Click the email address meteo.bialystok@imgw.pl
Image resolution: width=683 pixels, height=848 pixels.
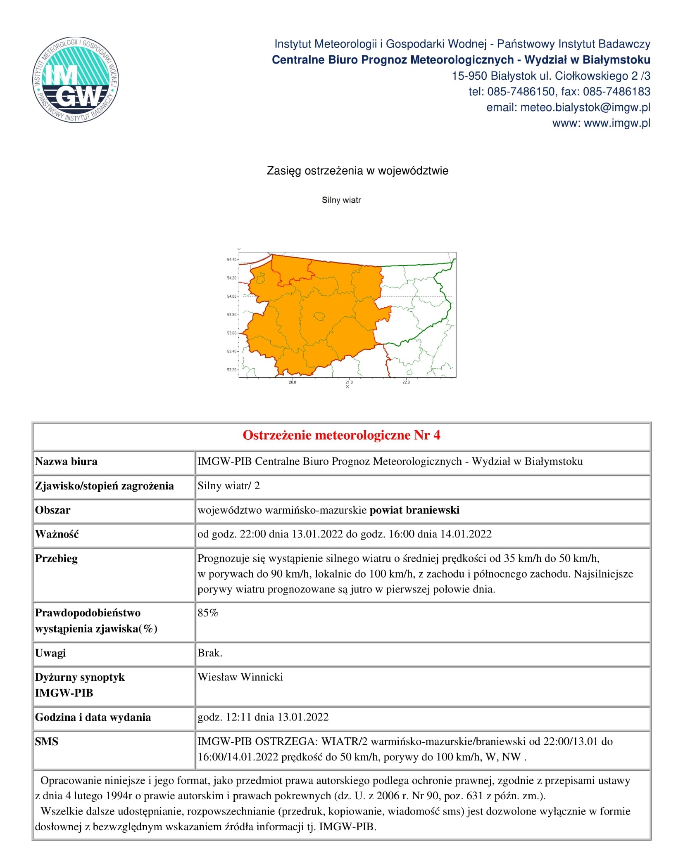coord(568,107)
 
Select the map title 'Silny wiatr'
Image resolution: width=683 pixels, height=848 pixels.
coord(341,200)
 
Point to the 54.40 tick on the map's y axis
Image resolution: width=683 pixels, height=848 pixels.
coord(232,260)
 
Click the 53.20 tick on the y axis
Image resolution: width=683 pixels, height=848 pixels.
coord(232,370)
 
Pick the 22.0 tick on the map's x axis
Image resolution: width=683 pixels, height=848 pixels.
coord(406,382)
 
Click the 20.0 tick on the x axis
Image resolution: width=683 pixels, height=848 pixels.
coord(292,382)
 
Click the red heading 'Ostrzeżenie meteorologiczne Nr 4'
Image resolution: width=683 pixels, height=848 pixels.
coord(341,435)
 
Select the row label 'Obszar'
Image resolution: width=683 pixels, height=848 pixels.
coord(53,510)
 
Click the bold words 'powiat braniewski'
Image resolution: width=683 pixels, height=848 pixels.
coord(414,510)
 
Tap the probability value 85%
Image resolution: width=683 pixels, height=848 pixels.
coord(208,613)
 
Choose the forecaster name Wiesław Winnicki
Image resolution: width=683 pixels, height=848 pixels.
coord(240,677)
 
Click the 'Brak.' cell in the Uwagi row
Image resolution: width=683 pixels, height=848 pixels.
coord(210,653)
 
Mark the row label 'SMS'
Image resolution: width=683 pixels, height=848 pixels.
coord(47,741)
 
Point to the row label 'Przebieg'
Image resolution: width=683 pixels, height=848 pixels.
coord(56,559)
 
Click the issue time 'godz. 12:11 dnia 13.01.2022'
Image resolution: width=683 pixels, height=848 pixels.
coord(263,717)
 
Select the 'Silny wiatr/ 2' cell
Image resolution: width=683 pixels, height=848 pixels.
coord(228,486)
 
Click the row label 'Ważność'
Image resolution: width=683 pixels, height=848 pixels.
coord(57,534)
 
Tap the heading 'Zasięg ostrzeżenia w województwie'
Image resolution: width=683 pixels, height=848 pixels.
coord(357,171)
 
